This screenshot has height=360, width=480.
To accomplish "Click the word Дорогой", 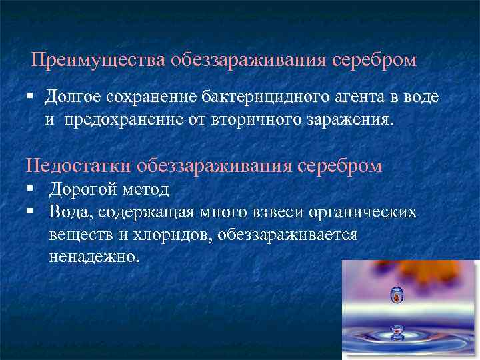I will click(x=84, y=189).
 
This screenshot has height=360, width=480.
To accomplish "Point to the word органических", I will click(x=360, y=213).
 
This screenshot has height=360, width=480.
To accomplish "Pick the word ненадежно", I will click(x=94, y=257).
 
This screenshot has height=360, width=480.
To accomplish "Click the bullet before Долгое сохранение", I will click(x=31, y=97).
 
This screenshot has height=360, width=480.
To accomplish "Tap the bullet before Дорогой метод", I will click(x=31, y=189).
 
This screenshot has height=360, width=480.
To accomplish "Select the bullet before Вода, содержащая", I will click(x=31, y=212).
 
